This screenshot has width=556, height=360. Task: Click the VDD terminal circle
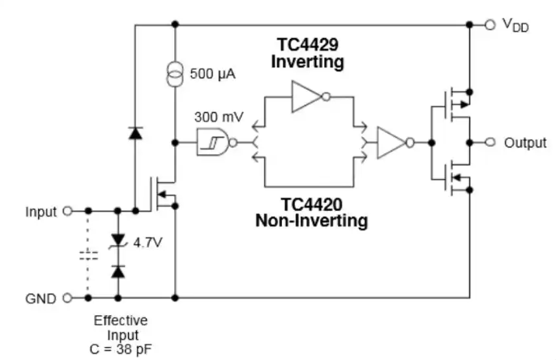tap(490, 25)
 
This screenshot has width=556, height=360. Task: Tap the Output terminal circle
tap(490, 142)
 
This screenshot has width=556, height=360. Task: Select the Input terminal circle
tap(67, 211)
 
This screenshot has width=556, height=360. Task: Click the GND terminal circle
tap(67, 298)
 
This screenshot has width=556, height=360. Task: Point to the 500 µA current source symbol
tap(175, 74)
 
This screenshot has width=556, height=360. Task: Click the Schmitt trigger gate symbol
tap(216, 142)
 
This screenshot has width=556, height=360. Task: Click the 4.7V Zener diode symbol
tap(118, 241)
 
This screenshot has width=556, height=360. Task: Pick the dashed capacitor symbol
tap(88, 255)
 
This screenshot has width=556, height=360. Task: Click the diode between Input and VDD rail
tap(135, 133)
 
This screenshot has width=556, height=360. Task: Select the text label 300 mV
tap(219, 117)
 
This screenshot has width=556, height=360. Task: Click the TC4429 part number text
tap(307, 45)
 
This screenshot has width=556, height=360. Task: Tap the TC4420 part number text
tap(312, 204)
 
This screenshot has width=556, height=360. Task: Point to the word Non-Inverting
tap(312, 221)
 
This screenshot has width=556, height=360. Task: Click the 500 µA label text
tap(212, 74)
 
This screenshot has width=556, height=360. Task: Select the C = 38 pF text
tap(121, 349)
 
